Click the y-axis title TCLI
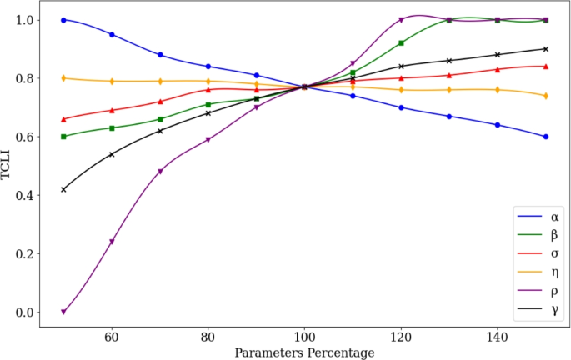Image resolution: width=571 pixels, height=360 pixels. point(9,166)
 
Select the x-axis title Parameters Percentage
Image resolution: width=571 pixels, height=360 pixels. point(304,352)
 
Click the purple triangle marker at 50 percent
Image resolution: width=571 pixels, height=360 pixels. point(63,312)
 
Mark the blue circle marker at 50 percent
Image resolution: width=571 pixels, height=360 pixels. point(63,19)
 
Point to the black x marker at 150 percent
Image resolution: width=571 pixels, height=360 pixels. point(546,49)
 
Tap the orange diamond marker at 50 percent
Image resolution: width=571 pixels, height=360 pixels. point(63,78)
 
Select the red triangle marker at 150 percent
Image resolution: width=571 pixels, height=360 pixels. point(546,67)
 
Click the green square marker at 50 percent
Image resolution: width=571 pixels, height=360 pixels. point(63,137)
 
